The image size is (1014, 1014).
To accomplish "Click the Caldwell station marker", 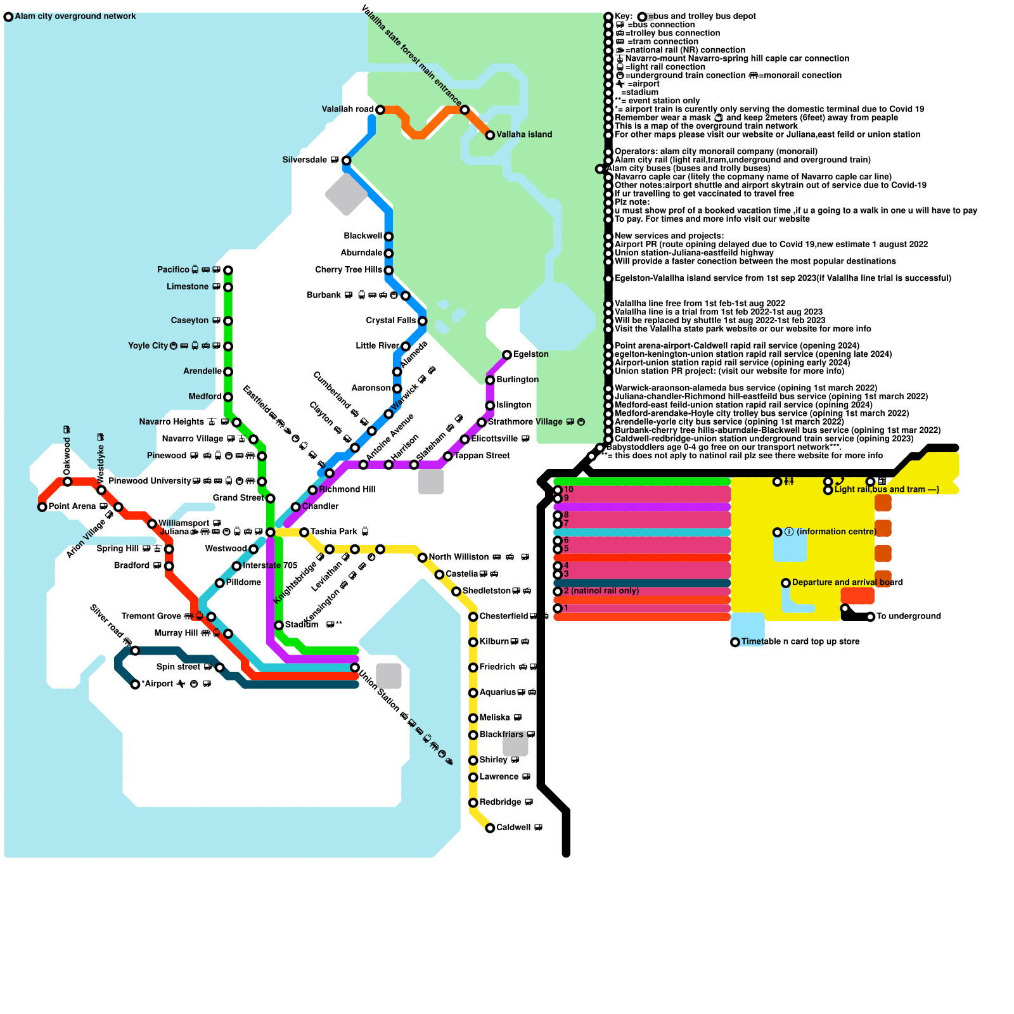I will [490, 828].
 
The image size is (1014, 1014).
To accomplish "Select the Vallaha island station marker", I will [490, 135].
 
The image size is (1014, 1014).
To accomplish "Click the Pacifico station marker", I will [228, 271].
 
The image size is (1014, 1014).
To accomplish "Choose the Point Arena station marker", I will [42, 507].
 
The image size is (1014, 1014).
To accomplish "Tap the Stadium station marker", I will [279, 626].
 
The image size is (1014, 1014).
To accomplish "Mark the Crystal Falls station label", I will [391, 321].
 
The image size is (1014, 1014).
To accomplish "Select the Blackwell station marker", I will [388, 237].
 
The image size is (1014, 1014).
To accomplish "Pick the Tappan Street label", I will [482, 456].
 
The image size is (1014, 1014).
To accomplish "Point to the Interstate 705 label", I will [270, 565].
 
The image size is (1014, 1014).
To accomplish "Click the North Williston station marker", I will [422, 558].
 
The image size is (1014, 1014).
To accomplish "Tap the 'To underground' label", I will [908, 616].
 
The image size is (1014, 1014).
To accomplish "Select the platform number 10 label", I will [568, 489].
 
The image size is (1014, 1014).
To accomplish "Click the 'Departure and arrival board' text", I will [847, 582].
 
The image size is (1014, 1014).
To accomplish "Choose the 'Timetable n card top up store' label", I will [800, 642].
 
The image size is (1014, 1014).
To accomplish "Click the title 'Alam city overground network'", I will [75, 16].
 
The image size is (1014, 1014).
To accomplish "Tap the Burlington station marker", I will [490, 380].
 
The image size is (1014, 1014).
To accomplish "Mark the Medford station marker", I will [228, 397].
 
